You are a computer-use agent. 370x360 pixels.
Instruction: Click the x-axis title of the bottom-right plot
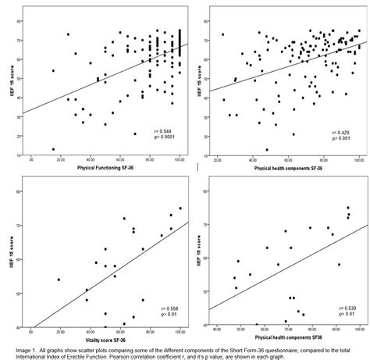pos(285,338)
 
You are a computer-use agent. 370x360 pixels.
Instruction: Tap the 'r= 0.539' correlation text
pos(341,310)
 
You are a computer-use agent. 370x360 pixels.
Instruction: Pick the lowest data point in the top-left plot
pos(54,149)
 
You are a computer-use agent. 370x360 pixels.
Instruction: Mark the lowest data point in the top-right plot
pos(266,149)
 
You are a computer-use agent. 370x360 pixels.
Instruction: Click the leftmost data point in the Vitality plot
pos(59,279)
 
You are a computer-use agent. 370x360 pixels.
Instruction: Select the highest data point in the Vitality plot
pos(180,209)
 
